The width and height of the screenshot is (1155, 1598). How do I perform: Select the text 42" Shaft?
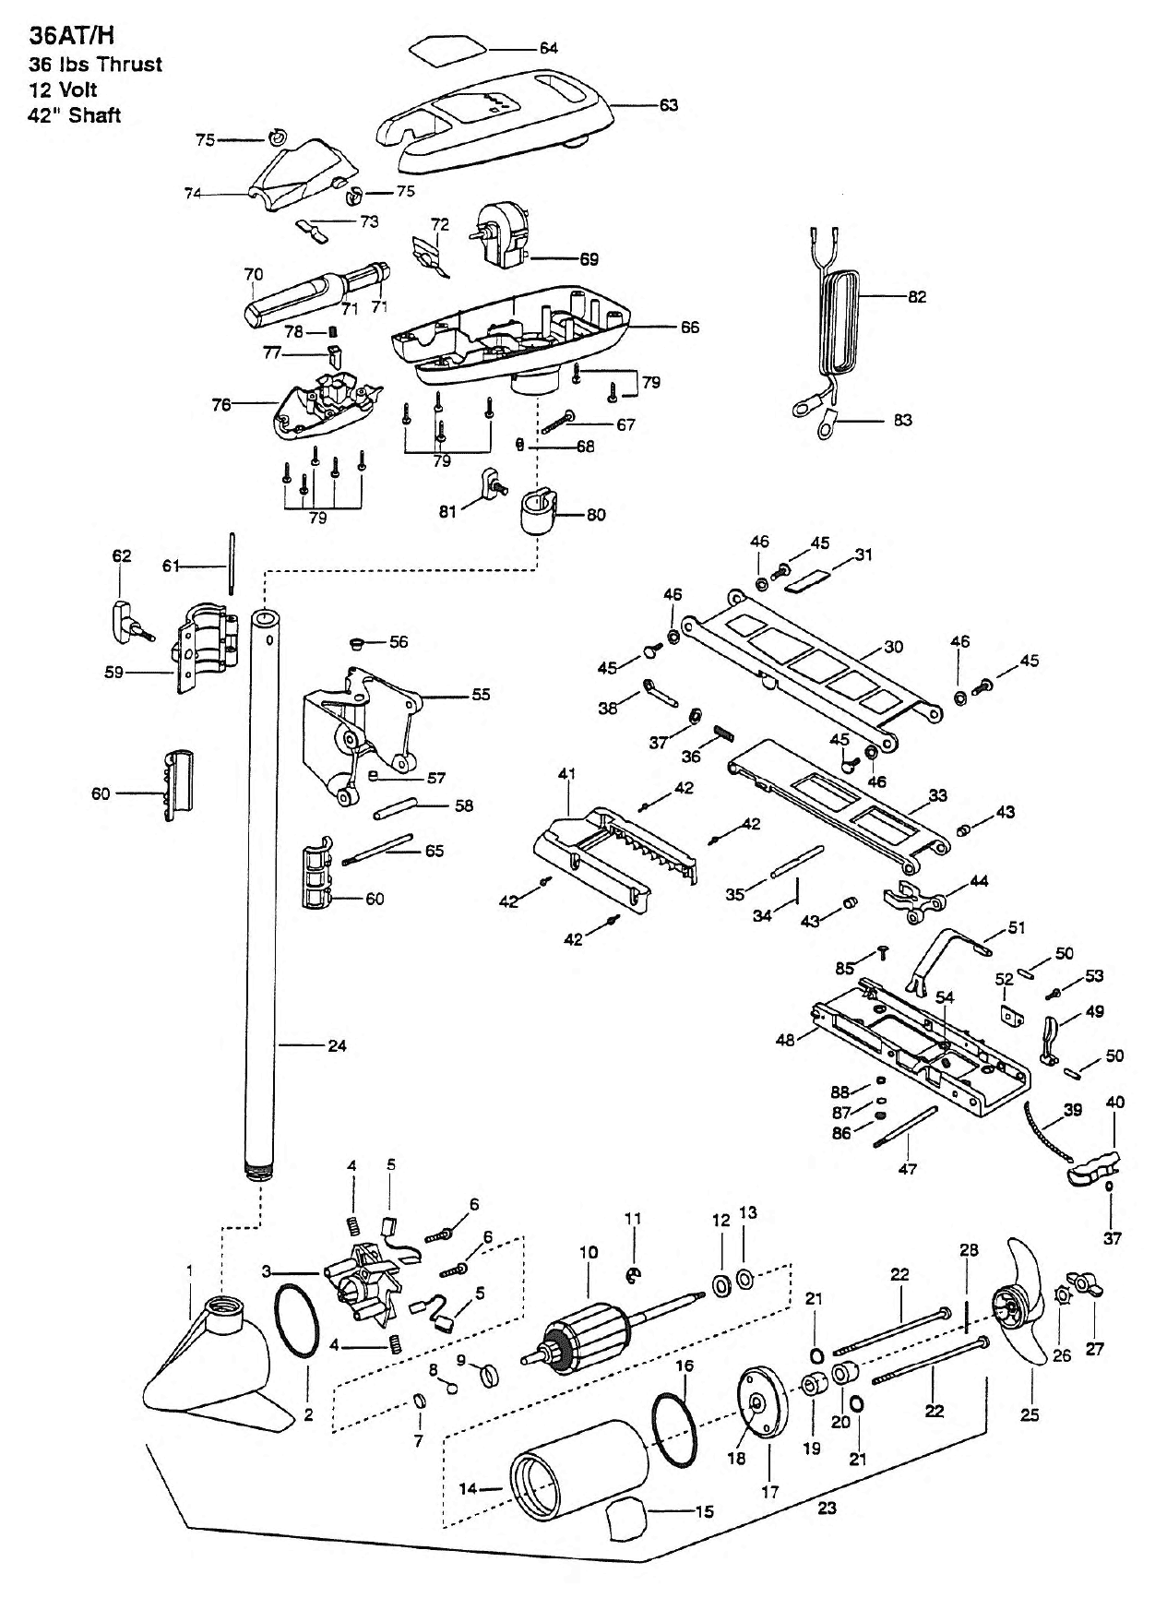[76, 115]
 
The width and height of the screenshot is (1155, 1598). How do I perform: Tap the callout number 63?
[668, 105]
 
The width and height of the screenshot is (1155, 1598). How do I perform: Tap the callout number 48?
[785, 1041]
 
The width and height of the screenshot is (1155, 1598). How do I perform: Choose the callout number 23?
[827, 1509]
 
